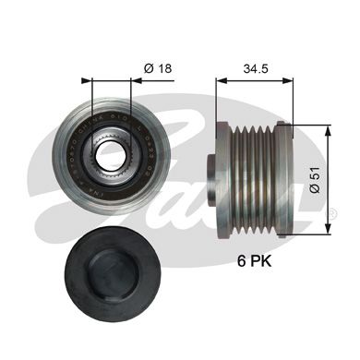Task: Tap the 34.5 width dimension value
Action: click(256, 67)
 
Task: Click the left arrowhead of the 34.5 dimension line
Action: click(220, 80)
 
